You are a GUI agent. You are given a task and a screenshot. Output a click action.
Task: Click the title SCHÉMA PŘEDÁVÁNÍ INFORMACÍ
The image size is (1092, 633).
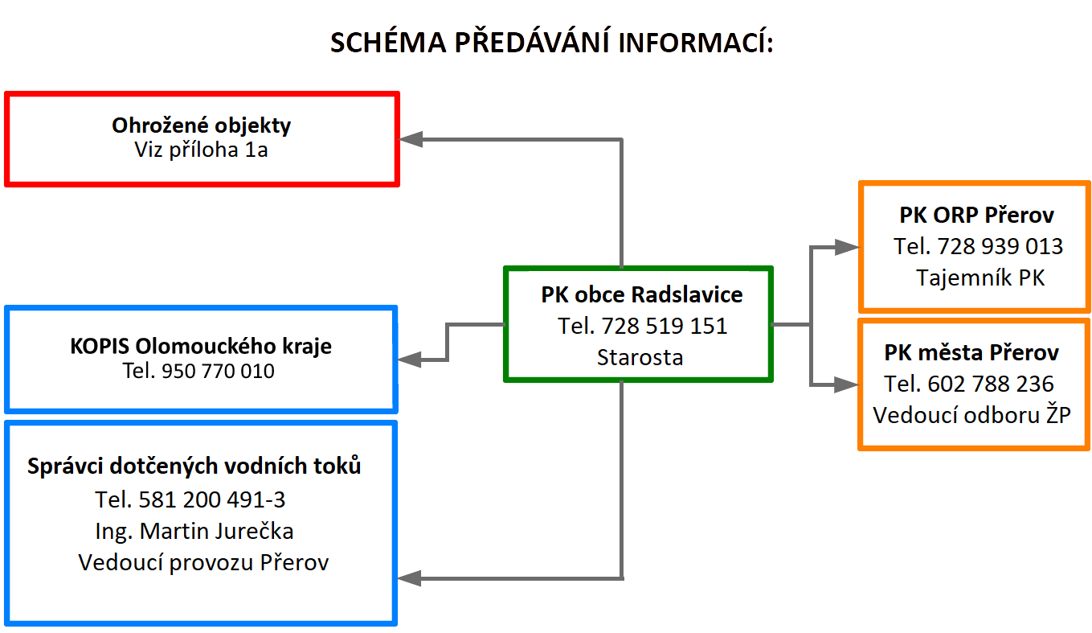(551, 43)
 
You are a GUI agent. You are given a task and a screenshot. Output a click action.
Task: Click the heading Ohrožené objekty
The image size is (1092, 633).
(202, 125)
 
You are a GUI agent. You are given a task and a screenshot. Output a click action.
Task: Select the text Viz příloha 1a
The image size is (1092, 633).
(202, 150)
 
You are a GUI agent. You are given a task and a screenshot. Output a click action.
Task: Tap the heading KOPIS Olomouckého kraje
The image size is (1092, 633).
(201, 347)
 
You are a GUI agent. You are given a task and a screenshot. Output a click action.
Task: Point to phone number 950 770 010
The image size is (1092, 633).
(218, 372)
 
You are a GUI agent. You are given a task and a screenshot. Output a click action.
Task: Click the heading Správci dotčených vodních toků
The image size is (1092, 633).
(194, 466)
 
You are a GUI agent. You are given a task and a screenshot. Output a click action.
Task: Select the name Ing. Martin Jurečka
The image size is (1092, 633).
(194, 531)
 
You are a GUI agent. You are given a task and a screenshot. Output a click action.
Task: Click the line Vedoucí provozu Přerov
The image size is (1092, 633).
(203, 562)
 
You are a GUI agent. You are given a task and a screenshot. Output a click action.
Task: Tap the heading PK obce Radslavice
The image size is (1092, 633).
(642, 294)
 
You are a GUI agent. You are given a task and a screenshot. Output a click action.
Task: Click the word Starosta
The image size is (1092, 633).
(640, 357)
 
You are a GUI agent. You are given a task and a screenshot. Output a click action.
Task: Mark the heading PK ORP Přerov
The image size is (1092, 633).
(976, 216)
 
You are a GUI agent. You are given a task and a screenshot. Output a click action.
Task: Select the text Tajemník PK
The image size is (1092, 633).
(980, 277)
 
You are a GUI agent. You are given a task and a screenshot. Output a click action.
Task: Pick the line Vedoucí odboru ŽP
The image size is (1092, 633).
(972, 415)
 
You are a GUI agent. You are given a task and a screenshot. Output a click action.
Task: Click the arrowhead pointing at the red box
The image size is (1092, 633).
(411, 139)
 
